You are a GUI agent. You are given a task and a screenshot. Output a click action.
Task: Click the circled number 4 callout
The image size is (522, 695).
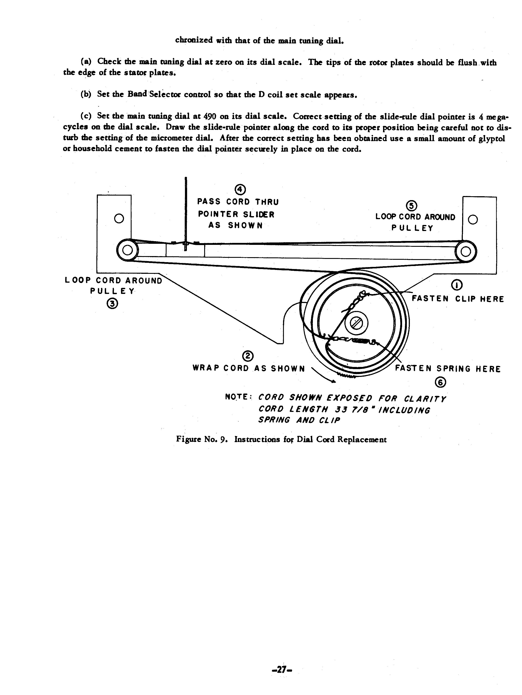[240, 190]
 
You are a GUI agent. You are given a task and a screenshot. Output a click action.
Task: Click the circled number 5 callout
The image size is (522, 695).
[411, 206]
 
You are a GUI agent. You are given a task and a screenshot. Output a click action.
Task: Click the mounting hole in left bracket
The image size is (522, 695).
[119, 218]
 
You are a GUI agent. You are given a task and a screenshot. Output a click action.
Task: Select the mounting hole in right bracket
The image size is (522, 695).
[473, 220]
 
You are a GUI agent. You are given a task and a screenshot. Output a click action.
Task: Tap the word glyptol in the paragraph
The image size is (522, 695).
[492, 138]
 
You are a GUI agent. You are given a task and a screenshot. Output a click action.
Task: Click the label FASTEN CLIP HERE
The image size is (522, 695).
[458, 299]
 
